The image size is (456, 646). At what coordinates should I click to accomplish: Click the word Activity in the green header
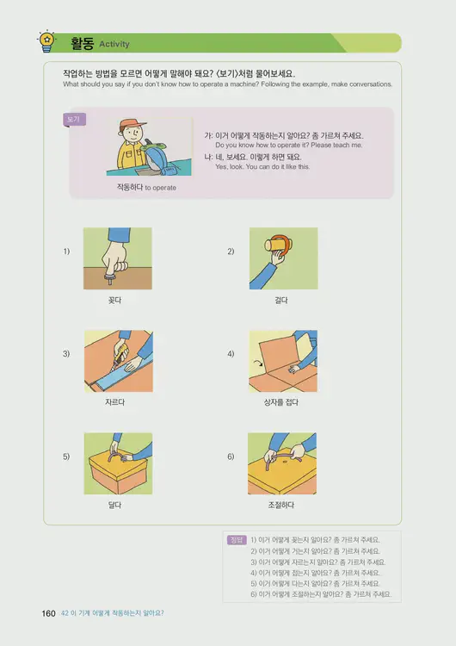[114, 43]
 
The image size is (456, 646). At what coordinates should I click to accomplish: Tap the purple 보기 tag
[74, 120]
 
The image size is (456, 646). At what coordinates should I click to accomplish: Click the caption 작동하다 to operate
[146, 187]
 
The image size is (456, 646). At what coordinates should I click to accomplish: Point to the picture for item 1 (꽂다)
[117, 258]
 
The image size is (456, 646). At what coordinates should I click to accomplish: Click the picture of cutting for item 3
[117, 360]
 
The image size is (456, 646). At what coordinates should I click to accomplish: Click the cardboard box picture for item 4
[282, 360]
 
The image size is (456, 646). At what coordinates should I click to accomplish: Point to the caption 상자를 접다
[281, 402]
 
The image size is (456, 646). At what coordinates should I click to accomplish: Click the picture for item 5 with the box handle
[117, 462]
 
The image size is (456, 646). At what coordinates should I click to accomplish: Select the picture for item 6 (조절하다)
[282, 462]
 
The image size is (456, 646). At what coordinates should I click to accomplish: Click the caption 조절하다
[281, 504]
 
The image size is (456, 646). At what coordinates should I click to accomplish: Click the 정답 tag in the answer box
[237, 540]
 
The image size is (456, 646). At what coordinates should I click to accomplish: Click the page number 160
[49, 613]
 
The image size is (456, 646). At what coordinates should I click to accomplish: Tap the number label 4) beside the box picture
[231, 354]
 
